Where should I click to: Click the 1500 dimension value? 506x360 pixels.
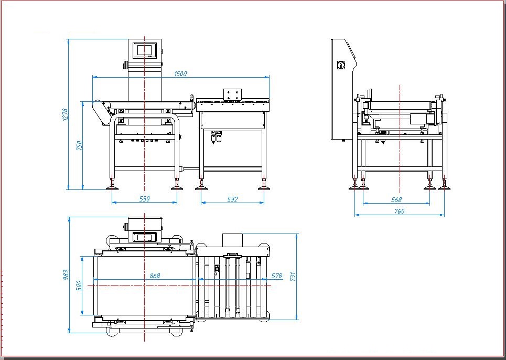click(x=180, y=73)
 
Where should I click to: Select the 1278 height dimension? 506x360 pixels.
click(x=65, y=114)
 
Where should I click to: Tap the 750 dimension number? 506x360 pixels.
click(x=79, y=145)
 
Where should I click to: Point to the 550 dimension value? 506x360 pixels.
click(x=145, y=199)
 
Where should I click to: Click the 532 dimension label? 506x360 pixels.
click(x=232, y=199)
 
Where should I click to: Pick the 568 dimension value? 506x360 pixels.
click(x=396, y=200)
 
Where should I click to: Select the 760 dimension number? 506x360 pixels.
click(x=399, y=211)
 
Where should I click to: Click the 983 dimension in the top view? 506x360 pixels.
click(x=66, y=275)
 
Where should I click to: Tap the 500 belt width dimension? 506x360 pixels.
click(x=79, y=285)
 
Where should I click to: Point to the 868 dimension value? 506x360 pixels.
click(x=155, y=276)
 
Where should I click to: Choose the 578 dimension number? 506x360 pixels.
click(x=276, y=276)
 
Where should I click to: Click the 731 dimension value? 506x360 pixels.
click(x=293, y=277)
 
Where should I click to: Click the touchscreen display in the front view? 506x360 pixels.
click(x=145, y=50)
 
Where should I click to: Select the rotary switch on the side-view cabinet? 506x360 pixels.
click(x=341, y=65)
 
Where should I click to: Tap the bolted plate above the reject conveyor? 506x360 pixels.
click(x=233, y=94)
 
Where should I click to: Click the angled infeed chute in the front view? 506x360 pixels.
click(x=102, y=112)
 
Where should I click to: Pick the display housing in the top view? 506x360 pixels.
click(x=145, y=229)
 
